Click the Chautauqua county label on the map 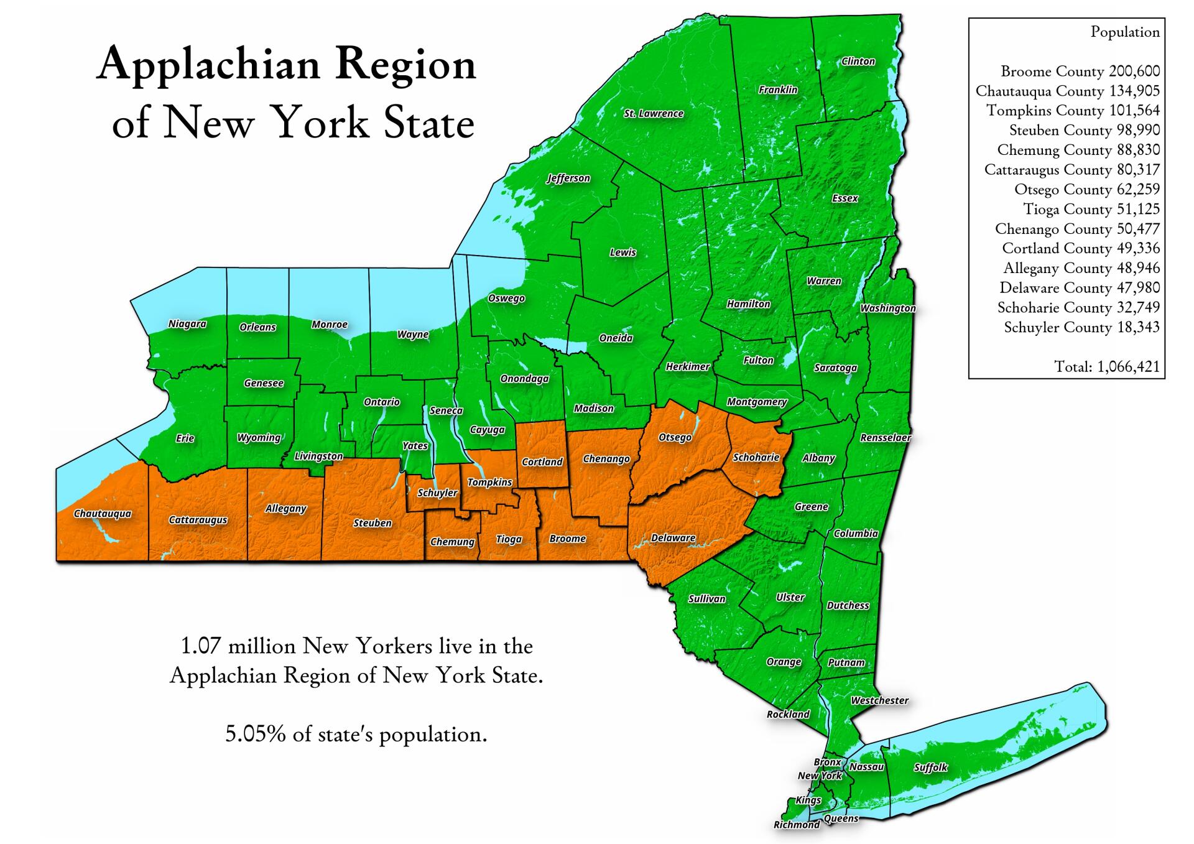(x=103, y=514)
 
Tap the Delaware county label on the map (x=673, y=538)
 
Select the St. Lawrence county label (x=654, y=113)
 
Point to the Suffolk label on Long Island (x=930, y=767)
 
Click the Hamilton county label (x=748, y=304)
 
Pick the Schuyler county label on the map (x=437, y=493)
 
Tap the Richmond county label (x=796, y=825)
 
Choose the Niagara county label (x=187, y=324)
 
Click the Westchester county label (x=879, y=701)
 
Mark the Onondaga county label (x=524, y=379)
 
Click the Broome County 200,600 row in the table (x=1080, y=72)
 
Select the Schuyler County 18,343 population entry (x=1081, y=328)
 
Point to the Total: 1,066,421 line (x=1107, y=367)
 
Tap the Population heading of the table (x=1124, y=32)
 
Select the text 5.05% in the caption (x=255, y=735)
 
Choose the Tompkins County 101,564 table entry (x=1073, y=111)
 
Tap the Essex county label (x=845, y=198)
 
